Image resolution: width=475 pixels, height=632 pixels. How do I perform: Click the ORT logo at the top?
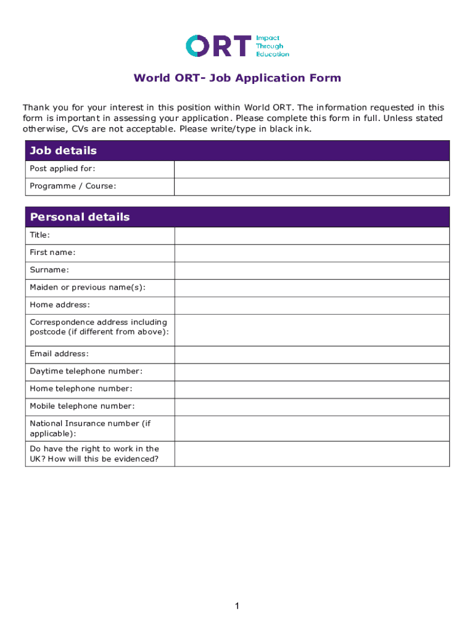[x=219, y=46]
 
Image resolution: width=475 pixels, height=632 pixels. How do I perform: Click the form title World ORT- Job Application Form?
[x=238, y=78]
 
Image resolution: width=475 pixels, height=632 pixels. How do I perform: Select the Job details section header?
[x=238, y=151]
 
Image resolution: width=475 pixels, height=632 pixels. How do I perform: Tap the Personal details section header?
[x=238, y=217]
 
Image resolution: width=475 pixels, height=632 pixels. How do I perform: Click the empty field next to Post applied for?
[x=312, y=169]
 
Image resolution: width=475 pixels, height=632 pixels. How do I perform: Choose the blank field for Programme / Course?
[x=312, y=186]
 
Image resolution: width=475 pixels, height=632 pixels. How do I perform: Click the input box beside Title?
[x=312, y=236]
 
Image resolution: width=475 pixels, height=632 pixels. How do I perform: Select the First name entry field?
[x=312, y=253]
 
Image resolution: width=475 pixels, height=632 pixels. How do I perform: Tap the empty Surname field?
[x=312, y=270]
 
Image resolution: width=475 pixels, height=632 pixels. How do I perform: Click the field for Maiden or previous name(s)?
[x=312, y=288]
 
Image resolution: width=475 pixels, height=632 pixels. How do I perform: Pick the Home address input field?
[x=312, y=306]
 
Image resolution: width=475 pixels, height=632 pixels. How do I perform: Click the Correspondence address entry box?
[x=312, y=330]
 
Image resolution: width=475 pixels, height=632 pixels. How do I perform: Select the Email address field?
[x=312, y=354]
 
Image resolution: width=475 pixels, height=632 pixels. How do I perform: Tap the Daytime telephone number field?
[x=312, y=372]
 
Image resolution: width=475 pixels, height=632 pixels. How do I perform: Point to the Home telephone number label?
[x=81, y=389]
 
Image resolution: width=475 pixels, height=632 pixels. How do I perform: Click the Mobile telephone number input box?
[x=312, y=407]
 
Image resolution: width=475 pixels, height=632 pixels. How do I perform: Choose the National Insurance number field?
[x=312, y=428]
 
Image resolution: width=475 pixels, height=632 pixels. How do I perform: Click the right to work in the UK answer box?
[x=312, y=454]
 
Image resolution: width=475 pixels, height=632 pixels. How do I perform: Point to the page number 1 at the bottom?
[x=237, y=607]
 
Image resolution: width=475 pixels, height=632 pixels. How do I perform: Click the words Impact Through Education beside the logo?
[x=272, y=46]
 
